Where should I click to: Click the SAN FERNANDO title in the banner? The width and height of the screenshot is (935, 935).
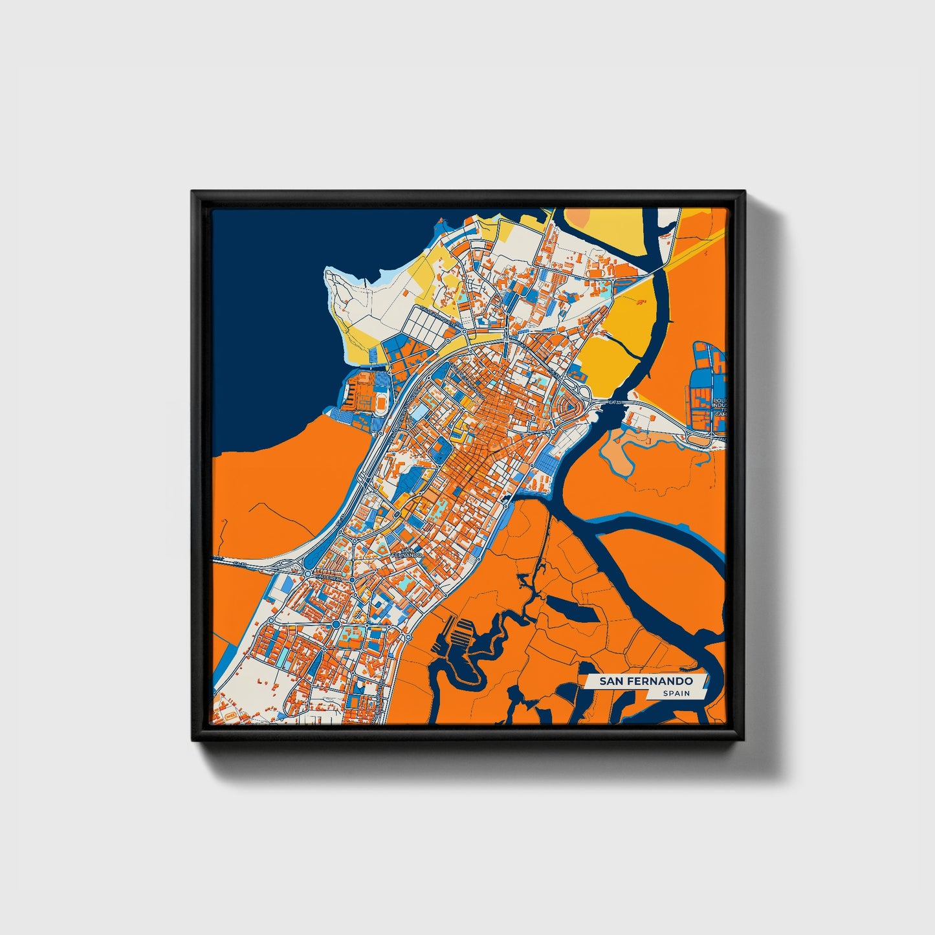645,681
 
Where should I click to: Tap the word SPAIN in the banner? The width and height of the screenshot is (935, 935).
676,694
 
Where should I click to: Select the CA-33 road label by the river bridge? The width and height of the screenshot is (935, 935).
615,403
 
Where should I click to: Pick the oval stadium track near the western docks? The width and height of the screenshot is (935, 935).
382,402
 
